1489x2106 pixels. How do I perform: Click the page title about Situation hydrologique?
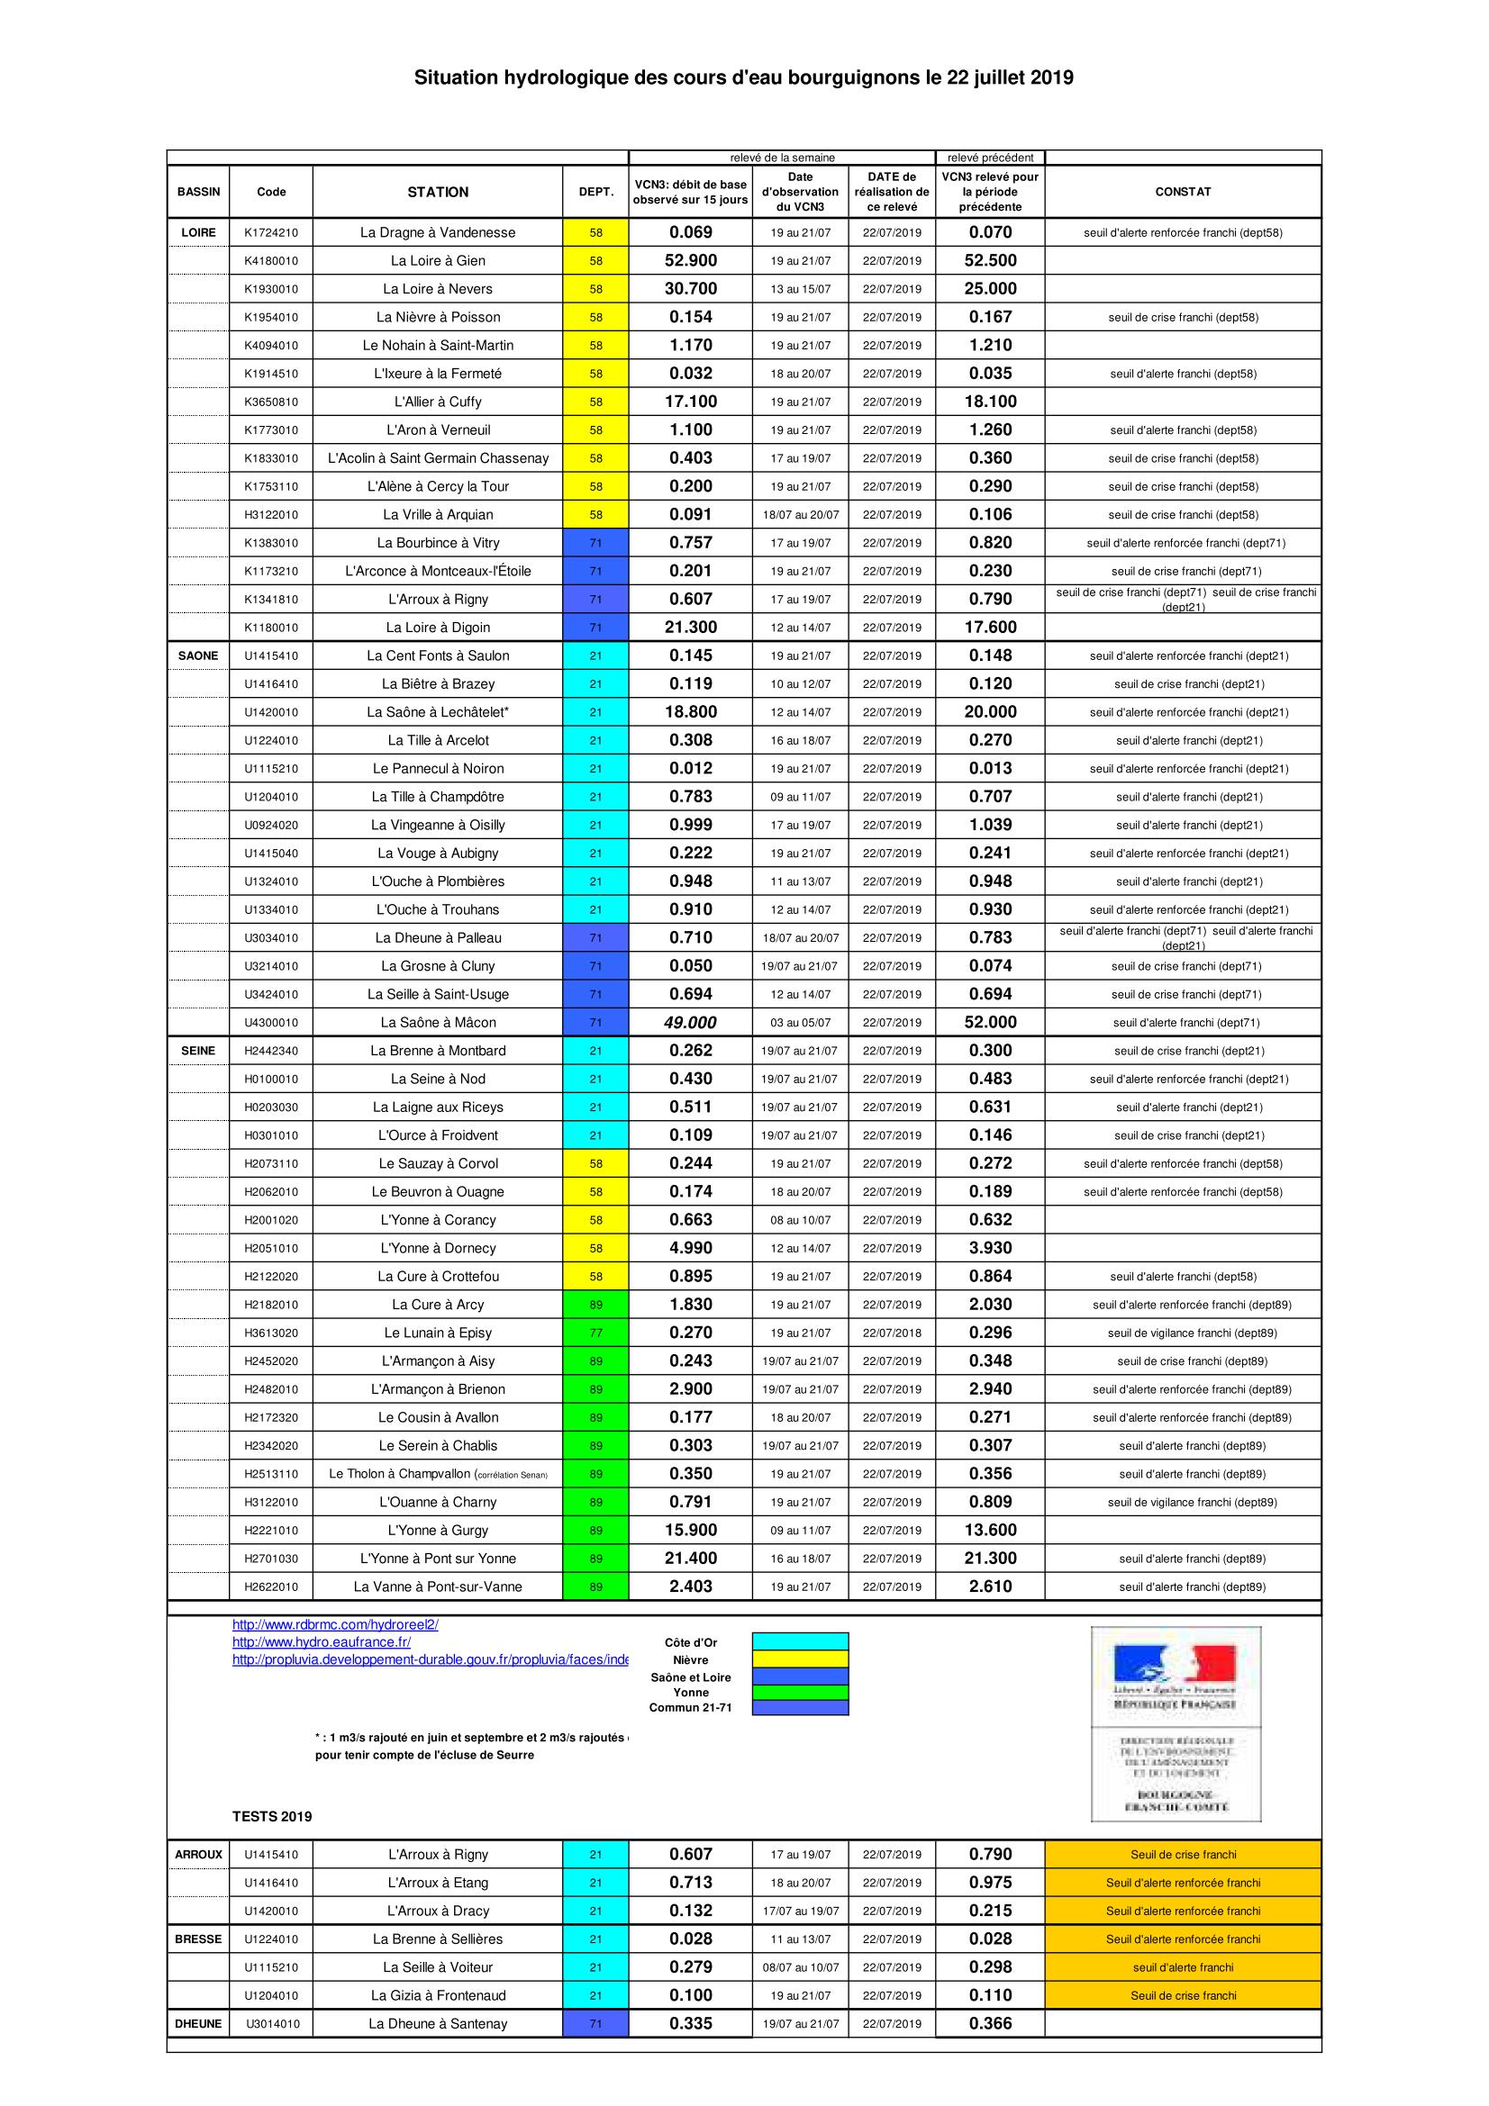(743, 79)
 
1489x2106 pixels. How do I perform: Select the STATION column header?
(438, 192)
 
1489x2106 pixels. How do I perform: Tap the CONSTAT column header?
(1183, 192)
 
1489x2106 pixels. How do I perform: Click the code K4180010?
(270, 260)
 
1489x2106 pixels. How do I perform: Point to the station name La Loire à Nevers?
(438, 289)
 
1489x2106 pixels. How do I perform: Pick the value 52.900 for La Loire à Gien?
(690, 260)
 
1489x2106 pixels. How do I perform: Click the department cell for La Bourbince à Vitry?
(595, 543)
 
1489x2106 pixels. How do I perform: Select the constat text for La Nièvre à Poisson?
(1183, 317)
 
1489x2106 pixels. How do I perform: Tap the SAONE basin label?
(198, 655)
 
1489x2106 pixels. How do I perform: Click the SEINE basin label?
(198, 1050)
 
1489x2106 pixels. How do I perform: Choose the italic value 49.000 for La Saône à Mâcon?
(690, 1023)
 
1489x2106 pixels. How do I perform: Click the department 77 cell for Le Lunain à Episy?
(595, 1333)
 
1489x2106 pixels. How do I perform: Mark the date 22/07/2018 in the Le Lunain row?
(892, 1333)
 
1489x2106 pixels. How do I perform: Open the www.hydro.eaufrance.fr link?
(321, 1642)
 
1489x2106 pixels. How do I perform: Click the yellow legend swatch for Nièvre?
(800, 1659)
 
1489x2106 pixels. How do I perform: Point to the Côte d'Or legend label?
(691, 1643)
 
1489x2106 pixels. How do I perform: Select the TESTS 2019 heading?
(271, 1816)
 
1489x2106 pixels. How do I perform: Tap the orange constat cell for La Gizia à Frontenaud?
(1183, 1995)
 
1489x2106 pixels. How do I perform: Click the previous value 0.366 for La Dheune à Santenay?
(990, 2023)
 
